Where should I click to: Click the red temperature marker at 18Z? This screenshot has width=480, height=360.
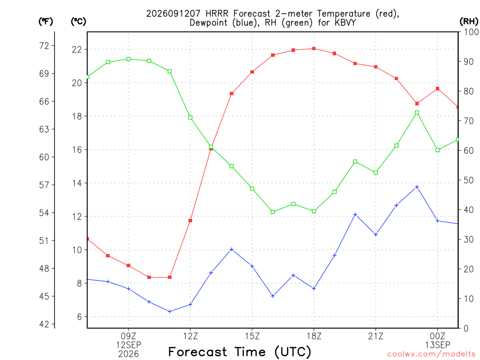314,48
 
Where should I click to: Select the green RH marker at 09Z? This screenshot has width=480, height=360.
128,59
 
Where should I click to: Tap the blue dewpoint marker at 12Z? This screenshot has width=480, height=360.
190,304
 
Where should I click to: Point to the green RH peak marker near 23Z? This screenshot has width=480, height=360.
417,112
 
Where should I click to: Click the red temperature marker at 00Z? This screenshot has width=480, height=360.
437,89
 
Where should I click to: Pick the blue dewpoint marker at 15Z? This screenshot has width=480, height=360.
252,266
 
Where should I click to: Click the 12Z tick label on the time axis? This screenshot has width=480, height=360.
190,336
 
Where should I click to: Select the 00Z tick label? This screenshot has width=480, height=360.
437,336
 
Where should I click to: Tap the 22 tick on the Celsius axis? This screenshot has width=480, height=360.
77,50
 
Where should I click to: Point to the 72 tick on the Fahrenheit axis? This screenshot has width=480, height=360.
44,46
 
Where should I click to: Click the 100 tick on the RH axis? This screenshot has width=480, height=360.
472,32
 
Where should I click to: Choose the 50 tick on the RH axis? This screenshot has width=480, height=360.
468,180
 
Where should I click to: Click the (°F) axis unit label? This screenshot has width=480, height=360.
45,22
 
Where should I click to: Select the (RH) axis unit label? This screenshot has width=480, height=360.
469,22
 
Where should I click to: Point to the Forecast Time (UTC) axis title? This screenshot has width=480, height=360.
240,352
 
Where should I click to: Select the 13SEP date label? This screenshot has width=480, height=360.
437,345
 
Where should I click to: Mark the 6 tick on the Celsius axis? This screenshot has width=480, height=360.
79,317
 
